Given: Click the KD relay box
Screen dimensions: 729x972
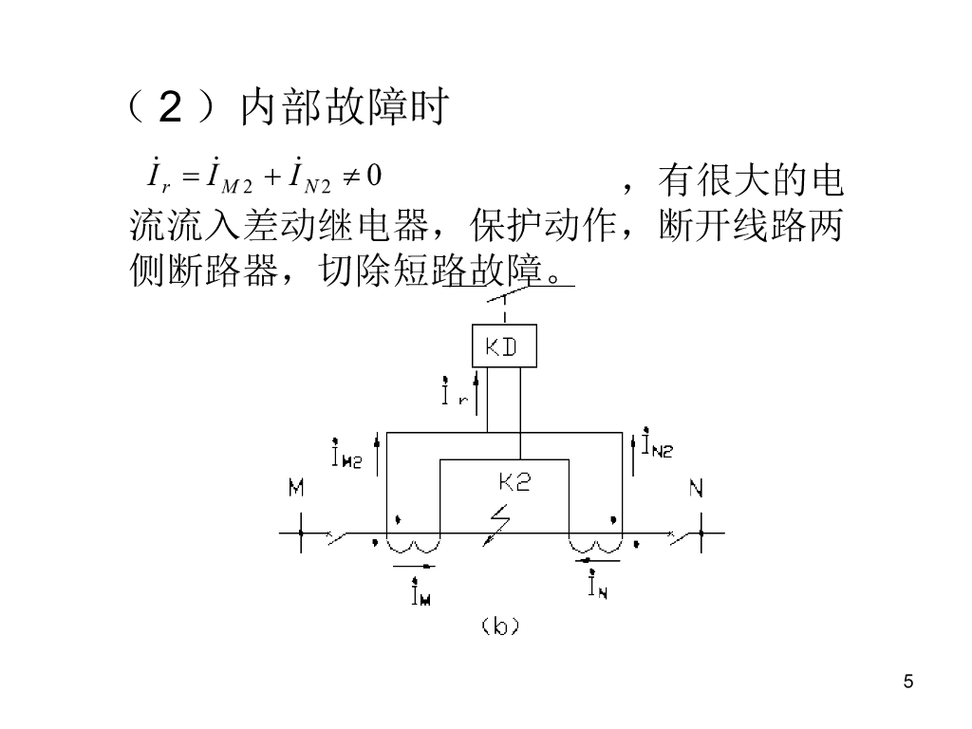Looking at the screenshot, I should [504, 346].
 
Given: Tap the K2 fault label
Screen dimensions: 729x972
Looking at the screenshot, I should [514, 482].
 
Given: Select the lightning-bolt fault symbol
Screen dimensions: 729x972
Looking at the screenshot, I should [496, 525].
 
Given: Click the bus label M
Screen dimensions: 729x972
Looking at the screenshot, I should [296, 489].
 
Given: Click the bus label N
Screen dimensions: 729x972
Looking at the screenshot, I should [696, 489].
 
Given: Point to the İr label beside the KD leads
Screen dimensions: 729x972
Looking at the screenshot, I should [455, 392].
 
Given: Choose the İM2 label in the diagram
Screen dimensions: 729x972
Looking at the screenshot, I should [346, 454].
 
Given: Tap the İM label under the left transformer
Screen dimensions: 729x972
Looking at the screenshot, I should [419, 593].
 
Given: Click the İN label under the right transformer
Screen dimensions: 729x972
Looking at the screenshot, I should [597, 588].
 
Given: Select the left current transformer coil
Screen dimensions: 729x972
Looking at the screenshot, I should [413, 543].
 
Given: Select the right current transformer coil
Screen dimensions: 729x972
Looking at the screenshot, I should [594, 543].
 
